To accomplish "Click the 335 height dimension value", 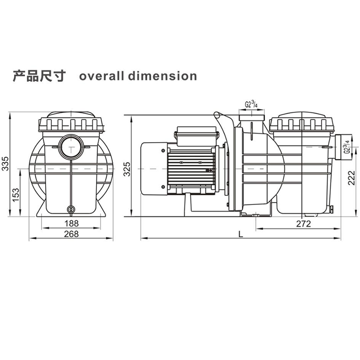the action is (x=5, y=164).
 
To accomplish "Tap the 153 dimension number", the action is (x=16, y=195).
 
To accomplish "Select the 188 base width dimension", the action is (x=72, y=223).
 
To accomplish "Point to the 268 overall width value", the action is (x=71, y=234).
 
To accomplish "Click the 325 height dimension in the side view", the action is (x=127, y=169).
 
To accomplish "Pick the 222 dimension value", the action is (x=351, y=178).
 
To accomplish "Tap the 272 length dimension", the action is (x=303, y=224).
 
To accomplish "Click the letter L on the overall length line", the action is (x=240, y=234).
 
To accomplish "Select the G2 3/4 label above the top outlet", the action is (x=251, y=105).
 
